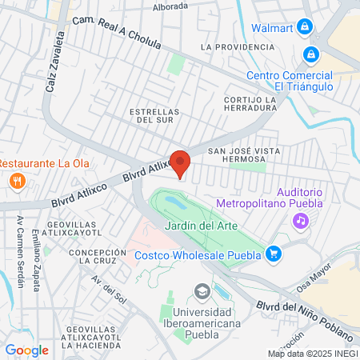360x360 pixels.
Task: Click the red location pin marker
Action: pos(180,163)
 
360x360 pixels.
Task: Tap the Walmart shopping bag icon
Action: pos(304,27)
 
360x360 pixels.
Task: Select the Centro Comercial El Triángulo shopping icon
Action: pos(311,55)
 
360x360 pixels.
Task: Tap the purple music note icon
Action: pos(300,219)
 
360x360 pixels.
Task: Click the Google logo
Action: pos(26,350)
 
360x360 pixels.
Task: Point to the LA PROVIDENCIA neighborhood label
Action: pos(238,47)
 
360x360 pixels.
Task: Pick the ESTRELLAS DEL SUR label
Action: pos(154,115)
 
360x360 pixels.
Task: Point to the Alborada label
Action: pos(170,6)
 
